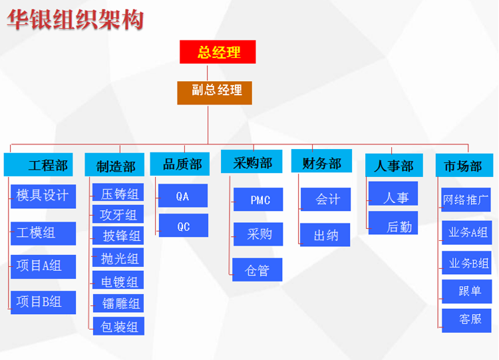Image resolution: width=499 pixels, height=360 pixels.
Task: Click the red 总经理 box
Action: [x=218, y=52]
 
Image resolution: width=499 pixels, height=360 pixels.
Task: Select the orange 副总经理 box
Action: [x=214, y=92]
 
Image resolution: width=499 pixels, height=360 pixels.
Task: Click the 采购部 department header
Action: [x=252, y=163]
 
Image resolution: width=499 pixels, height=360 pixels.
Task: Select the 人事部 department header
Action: [x=394, y=165]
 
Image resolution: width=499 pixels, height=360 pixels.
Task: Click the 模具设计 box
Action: [x=43, y=196]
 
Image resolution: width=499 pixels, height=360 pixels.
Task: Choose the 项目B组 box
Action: [x=43, y=302]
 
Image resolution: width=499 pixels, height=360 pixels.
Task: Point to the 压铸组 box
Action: [x=118, y=194]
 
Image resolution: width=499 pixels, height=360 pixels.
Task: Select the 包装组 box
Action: [x=118, y=326]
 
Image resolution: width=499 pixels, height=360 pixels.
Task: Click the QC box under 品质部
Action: [x=183, y=226]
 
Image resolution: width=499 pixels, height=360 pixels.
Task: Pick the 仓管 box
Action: [x=258, y=270]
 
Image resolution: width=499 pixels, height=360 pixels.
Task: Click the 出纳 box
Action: [x=325, y=235]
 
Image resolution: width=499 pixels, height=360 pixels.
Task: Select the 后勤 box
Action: [x=393, y=227]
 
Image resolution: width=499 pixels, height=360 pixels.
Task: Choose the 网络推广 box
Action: [x=466, y=198]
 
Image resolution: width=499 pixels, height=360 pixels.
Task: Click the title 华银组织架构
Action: [x=75, y=20]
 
